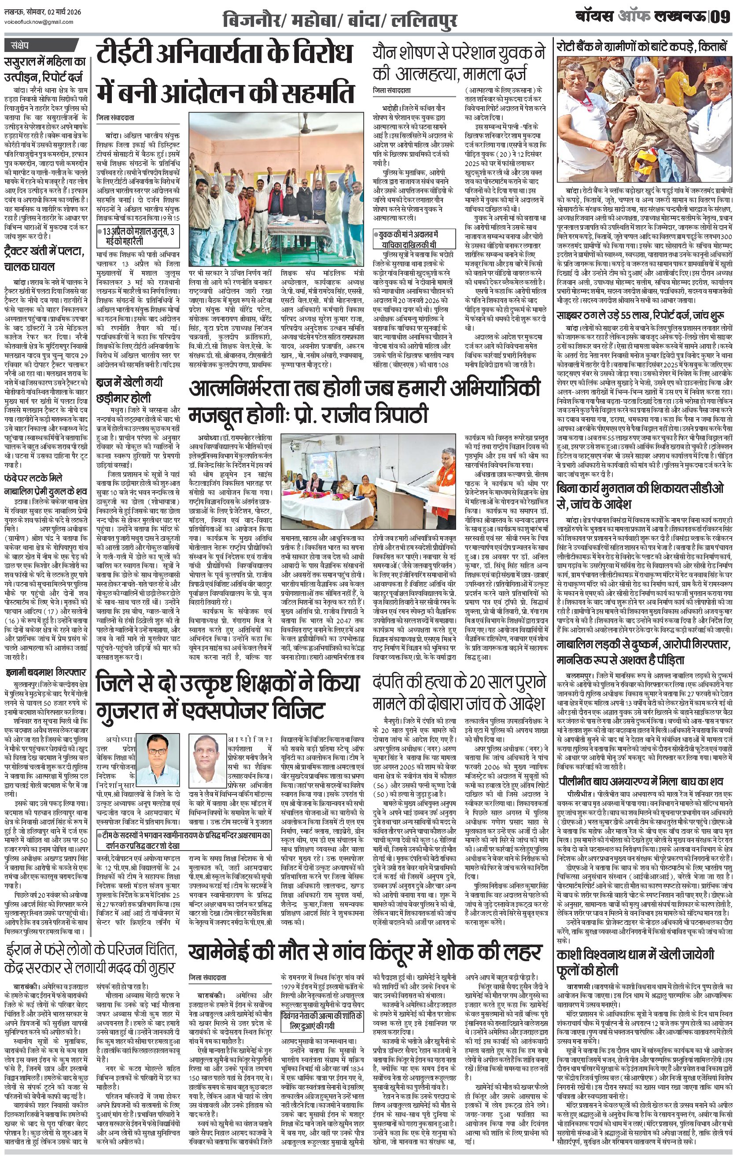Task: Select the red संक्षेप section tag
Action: coord(20,46)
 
